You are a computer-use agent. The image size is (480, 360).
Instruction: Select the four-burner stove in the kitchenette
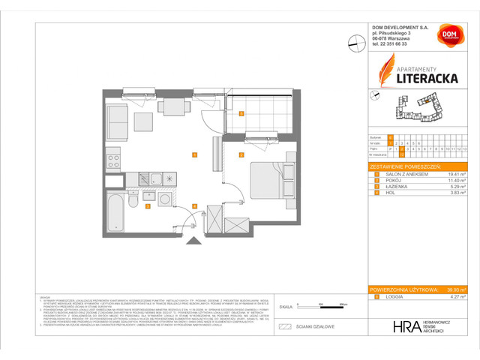(x=113, y=161)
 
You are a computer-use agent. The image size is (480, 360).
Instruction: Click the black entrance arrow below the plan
(x=194, y=240)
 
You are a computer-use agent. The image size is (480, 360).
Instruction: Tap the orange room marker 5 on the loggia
(x=240, y=114)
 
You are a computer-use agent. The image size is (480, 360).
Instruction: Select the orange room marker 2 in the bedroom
(x=241, y=155)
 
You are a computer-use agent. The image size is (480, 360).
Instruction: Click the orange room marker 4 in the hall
(x=194, y=205)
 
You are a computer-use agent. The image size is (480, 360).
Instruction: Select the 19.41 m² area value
(x=452, y=173)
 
